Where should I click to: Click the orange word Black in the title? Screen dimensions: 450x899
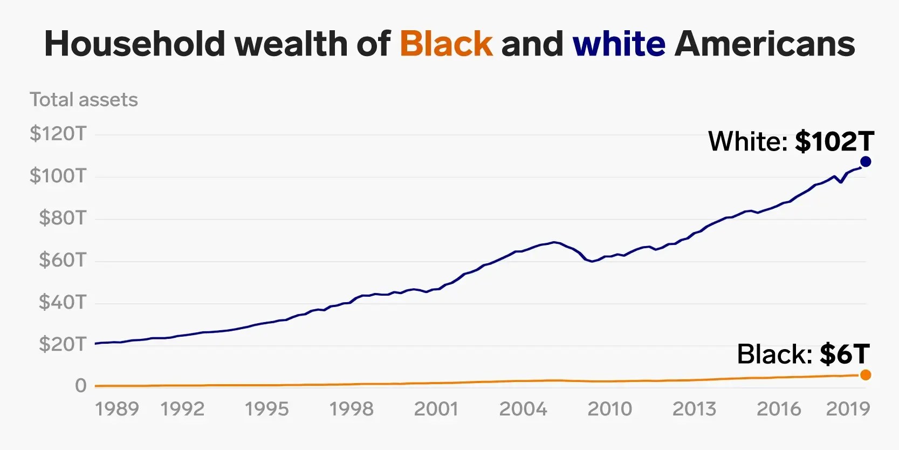[446, 44]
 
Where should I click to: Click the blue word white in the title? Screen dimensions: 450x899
[619, 44]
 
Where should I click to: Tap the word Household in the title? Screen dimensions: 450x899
[135, 44]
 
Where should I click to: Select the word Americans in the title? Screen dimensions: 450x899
[764, 44]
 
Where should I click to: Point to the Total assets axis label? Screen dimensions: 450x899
[84, 100]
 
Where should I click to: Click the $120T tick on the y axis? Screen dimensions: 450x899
[58, 133]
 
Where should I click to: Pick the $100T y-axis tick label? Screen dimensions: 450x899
[58, 175]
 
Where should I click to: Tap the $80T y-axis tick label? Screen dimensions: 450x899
[62, 217]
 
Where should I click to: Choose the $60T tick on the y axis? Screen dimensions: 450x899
[62, 260]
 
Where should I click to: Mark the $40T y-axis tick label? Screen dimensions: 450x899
[62, 302]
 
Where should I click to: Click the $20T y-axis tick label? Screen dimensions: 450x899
[62, 344]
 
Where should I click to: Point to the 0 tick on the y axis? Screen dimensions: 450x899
[80, 385]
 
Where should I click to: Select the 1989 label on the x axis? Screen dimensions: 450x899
[117, 409]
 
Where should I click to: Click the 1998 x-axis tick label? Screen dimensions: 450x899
[351, 409]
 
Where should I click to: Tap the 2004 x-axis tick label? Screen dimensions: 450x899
[523, 409]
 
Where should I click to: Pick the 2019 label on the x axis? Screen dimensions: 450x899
[848, 409]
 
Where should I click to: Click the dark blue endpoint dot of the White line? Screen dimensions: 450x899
[866, 161]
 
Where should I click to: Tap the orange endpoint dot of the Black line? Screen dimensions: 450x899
[866, 375]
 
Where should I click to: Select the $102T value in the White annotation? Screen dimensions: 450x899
[834, 141]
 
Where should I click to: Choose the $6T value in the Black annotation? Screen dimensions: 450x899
[845, 354]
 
